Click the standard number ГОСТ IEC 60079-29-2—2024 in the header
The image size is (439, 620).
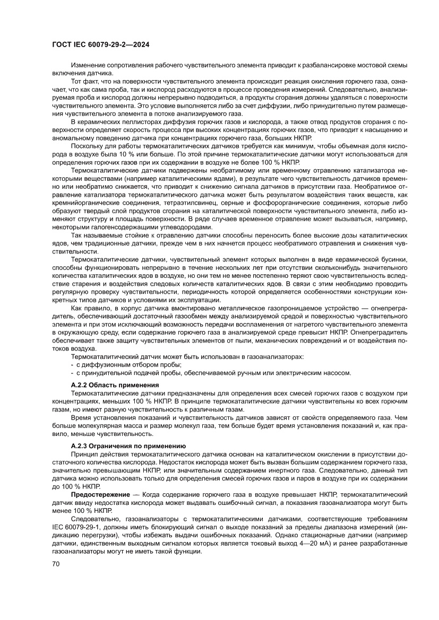(101, 46)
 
